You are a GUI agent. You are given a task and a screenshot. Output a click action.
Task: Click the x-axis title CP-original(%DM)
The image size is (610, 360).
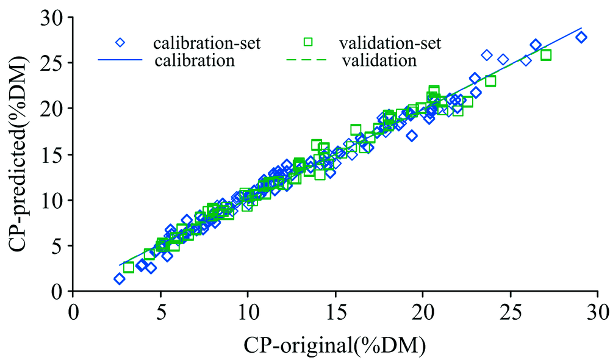(335, 345)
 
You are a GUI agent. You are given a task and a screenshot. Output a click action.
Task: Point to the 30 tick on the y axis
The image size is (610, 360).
(54, 17)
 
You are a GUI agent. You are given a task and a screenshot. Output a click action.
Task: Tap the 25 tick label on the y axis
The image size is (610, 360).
(54, 63)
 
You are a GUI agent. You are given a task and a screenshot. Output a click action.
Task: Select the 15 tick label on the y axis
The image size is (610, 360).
(54, 154)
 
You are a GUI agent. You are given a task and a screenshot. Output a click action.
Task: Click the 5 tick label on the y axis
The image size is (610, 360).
(59, 246)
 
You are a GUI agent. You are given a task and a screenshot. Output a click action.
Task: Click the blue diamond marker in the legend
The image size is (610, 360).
(120, 42)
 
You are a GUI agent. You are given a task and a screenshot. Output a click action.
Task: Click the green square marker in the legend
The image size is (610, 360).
(308, 42)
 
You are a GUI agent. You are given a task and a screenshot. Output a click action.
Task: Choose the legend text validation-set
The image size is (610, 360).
(390, 43)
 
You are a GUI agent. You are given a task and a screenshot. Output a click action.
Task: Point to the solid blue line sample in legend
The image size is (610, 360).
(120, 60)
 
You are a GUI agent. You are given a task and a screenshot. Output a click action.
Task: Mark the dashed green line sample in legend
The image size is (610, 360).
(308, 60)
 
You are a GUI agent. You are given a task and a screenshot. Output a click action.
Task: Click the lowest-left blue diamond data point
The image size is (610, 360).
(120, 279)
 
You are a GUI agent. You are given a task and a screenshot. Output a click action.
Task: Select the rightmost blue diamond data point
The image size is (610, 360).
(581, 37)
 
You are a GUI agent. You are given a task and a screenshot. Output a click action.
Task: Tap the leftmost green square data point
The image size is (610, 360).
(129, 267)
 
